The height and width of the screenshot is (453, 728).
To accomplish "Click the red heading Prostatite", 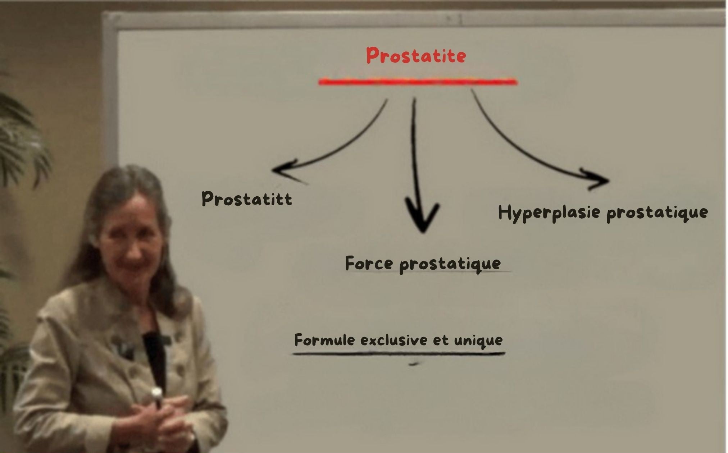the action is (x=416, y=56).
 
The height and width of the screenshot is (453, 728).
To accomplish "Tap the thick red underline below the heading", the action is (x=418, y=82).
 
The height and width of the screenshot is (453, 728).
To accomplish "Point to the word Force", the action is (x=369, y=263).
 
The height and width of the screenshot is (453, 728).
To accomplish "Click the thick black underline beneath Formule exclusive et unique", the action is (x=399, y=354).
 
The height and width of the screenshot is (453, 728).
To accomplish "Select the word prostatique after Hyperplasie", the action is (x=657, y=213).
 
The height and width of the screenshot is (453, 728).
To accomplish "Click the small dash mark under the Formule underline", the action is (x=414, y=364).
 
